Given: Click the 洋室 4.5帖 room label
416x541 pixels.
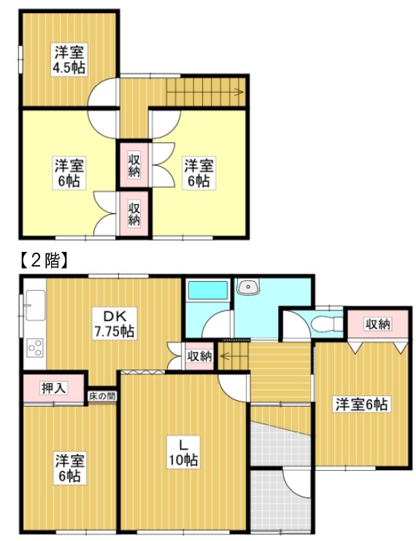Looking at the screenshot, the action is (69, 59).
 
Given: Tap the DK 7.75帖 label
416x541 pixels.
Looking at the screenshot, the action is (114, 324).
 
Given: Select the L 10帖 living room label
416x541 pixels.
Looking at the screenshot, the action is (183, 453).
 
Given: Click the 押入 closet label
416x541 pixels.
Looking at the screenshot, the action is (53, 388).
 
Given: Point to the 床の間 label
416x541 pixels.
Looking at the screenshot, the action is (101, 396).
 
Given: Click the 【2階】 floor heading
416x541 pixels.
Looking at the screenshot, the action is (42, 261).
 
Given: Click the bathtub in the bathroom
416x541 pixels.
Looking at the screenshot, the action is (208, 290).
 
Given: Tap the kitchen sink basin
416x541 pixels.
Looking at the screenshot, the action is (34, 305).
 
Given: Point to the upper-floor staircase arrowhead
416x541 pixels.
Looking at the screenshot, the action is (239, 92).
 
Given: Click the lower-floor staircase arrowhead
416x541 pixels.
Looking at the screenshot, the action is (223, 355).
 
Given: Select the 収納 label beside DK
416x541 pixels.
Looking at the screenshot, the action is (199, 356).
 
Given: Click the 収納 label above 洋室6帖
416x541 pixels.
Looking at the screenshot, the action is (378, 324).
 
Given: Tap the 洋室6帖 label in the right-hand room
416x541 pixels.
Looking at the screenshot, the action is (362, 404).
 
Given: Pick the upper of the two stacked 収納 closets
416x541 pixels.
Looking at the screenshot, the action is (134, 165).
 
